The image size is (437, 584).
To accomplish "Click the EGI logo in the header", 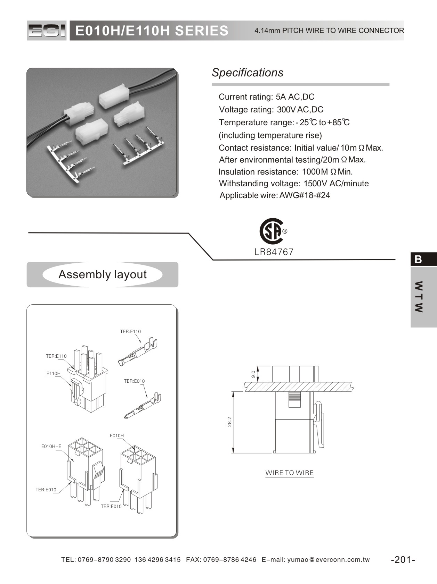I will click(x=47, y=31).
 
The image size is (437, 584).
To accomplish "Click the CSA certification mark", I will click(x=272, y=231).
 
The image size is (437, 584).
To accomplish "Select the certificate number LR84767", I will click(x=274, y=252).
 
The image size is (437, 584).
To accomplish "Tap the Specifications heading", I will click(x=248, y=73).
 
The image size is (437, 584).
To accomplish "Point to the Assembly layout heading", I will click(x=103, y=274).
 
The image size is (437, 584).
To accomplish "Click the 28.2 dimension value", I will click(x=229, y=422).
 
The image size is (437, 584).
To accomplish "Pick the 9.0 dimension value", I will click(x=253, y=374).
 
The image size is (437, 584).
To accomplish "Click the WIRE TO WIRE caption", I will click(x=289, y=473).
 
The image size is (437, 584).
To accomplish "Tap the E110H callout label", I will click(x=54, y=373).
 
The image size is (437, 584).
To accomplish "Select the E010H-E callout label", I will click(x=51, y=446).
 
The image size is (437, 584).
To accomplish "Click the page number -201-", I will click(x=403, y=559).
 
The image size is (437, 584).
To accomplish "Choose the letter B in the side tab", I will click(x=419, y=259).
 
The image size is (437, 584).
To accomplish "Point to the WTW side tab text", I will click(x=419, y=297).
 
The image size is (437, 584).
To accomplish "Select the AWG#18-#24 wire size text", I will click(x=305, y=195).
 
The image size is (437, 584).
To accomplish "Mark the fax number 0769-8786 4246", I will click(x=229, y=560).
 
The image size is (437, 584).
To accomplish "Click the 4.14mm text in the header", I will click(x=267, y=31).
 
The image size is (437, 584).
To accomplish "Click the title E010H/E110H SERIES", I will click(x=152, y=31).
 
